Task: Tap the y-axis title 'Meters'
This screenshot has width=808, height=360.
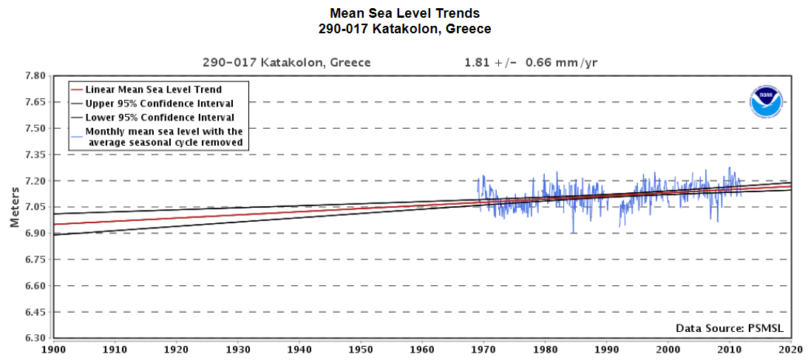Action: (15, 206)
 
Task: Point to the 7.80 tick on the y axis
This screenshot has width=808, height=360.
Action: (35, 75)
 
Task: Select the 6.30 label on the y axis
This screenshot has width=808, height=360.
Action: (35, 339)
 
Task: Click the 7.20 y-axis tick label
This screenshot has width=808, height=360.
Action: (35, 180)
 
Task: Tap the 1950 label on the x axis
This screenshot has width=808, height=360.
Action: (360, 349)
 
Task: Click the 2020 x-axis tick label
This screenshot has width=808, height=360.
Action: (791, 349)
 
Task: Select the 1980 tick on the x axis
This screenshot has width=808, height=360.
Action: (545, 349)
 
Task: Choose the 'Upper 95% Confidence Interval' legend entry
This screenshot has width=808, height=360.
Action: (160, 103)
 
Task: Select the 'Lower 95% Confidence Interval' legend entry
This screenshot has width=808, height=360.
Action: (160, 118)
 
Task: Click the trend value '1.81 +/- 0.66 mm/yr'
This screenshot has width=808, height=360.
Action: (531, 62)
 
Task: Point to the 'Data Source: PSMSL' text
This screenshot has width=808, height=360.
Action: (730, 327)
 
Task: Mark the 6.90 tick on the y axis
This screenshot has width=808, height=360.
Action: (35, 233)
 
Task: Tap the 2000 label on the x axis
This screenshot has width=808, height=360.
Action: (668, 349)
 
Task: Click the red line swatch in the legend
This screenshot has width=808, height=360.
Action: (77, 89)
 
